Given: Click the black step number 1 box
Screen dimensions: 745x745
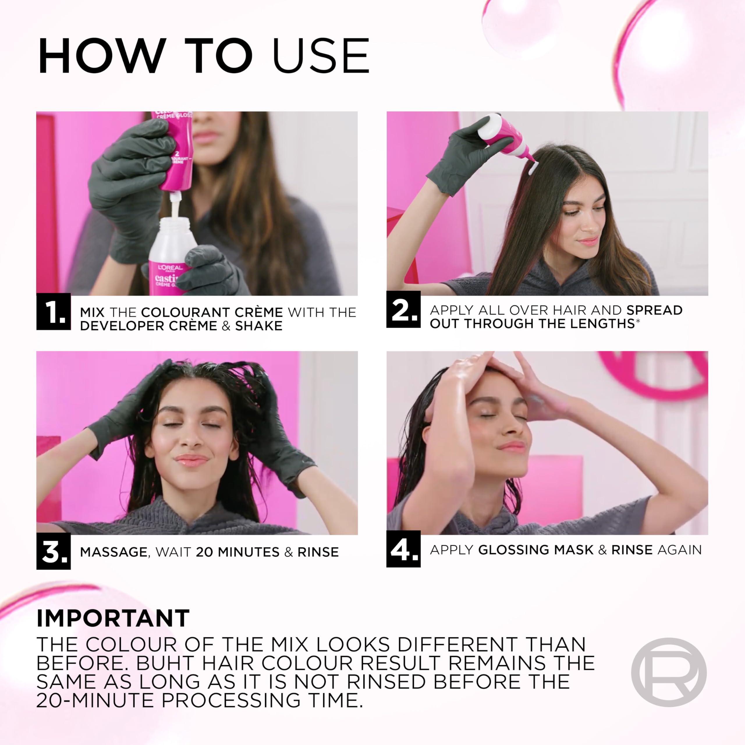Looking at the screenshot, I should (54, 312).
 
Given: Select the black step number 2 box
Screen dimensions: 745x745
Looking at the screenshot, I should (403, 310).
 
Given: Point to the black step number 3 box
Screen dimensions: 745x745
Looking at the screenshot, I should (54, 551).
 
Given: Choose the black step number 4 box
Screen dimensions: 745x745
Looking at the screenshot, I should (403, 549).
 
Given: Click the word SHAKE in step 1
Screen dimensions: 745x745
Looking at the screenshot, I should (259, 326).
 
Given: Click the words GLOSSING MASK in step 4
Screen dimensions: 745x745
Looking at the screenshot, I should (535, 550).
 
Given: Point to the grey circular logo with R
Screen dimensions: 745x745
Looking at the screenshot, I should (669, 672).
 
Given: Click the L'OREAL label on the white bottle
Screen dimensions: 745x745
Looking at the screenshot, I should (170, 267).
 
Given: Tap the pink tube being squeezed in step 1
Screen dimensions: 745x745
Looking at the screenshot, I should (175, 154).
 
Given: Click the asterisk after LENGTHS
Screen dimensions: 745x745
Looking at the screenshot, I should (638, 321).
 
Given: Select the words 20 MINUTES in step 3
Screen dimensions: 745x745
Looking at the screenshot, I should (237, 552).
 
